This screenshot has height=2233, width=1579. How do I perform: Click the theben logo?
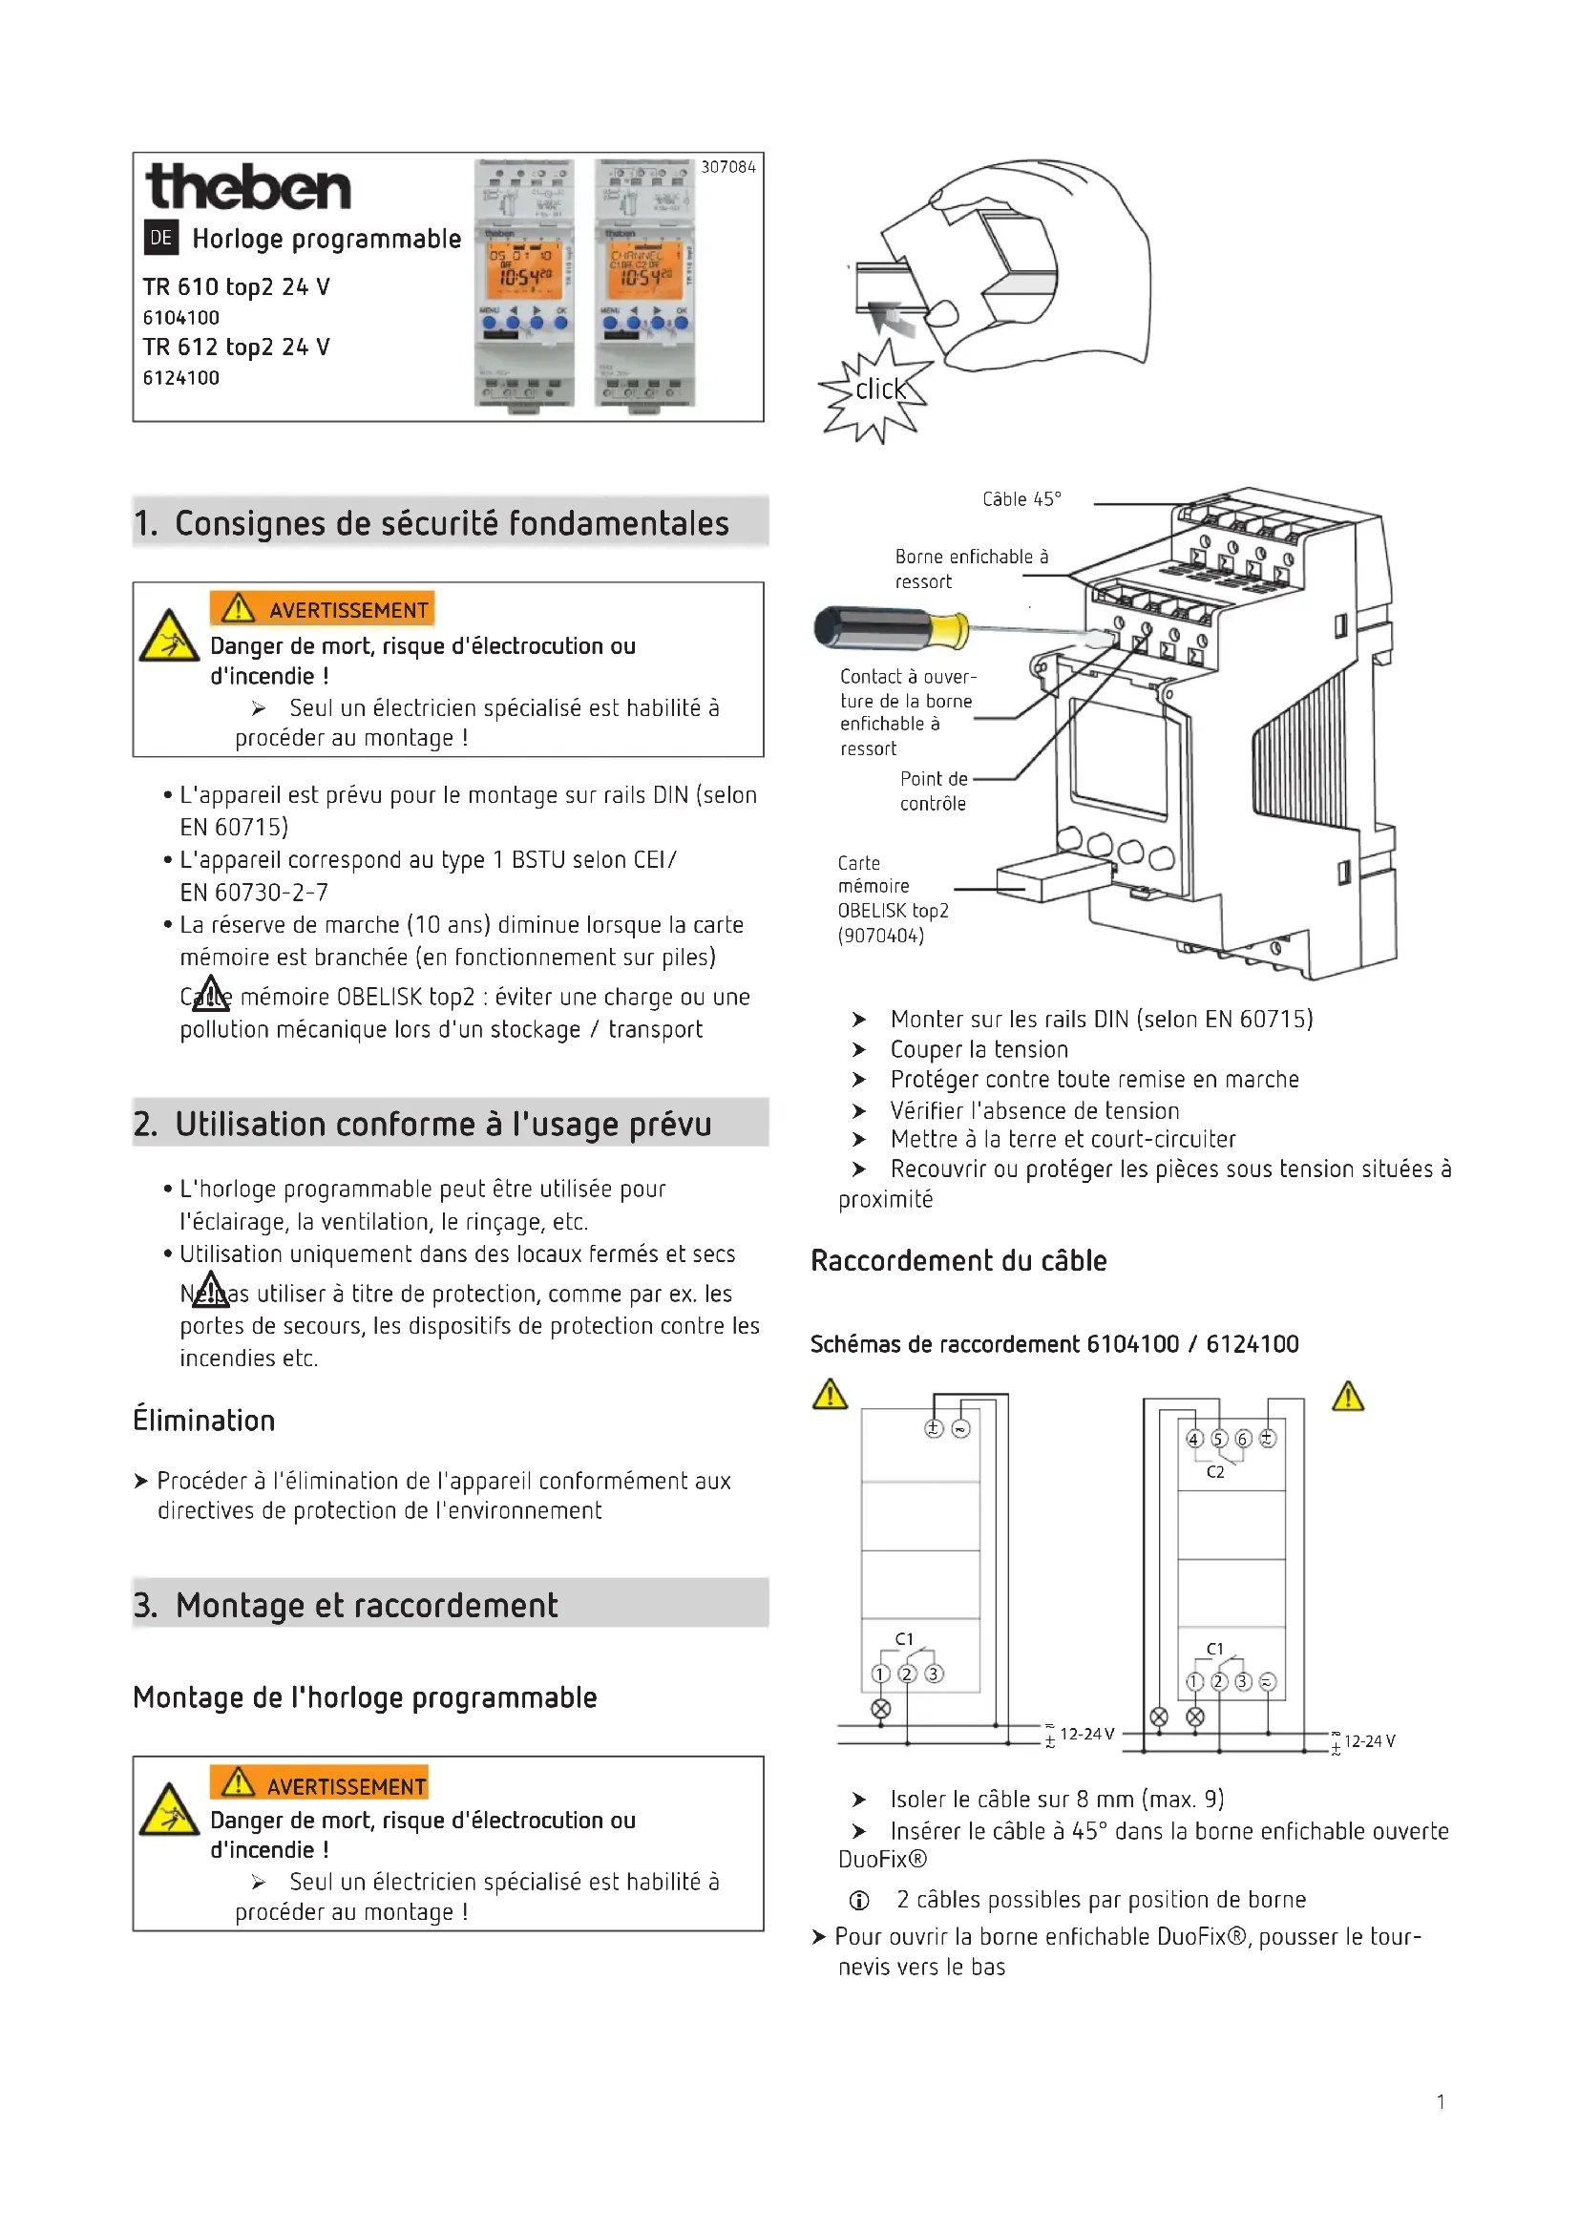coord(248,188)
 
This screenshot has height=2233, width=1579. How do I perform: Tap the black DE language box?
coord(160,238)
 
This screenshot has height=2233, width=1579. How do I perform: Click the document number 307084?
coord(728,167)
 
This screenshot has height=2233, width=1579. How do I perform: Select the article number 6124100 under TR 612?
coord(180,377)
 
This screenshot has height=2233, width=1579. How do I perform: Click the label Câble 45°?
coord(1021,499)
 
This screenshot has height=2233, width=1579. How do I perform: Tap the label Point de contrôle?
coord(934,790)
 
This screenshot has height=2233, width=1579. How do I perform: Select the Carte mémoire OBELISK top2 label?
coord(892,898)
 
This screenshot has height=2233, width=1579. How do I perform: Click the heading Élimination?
coord(204,1420)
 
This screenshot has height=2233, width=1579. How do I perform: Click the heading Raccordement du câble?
coord(958,1260)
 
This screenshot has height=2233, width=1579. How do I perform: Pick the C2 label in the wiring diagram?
coord(1215,1472)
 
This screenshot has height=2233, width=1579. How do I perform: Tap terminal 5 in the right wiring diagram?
coord(1219,1439)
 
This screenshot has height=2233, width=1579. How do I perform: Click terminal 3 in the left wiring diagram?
coord(934,1674)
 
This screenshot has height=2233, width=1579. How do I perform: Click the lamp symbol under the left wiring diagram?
coord(881,1709)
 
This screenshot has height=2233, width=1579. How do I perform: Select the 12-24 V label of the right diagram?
coord(1369,1741)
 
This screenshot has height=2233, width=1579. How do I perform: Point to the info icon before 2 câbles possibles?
coord(859,1900)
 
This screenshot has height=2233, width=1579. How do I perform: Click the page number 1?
coord(1440,2101)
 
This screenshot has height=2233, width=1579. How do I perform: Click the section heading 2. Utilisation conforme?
coord(423,1125)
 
